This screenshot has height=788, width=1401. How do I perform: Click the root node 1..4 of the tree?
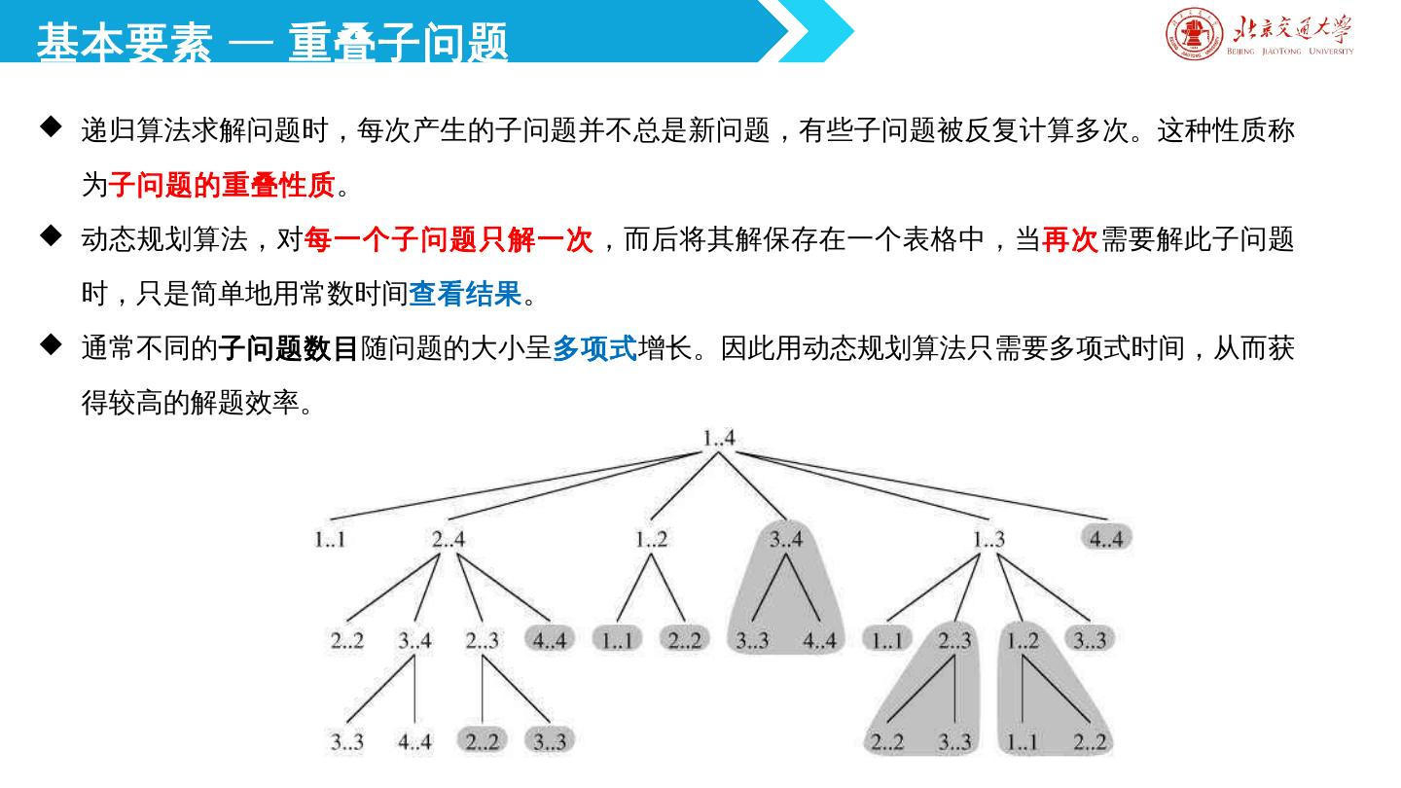pyautogui.click(x=719, y=439)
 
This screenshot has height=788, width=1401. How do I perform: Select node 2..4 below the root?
pyautogui.click(x=449, y=538)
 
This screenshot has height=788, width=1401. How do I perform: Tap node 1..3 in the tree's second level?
pyautogui.click(x=988, y=538)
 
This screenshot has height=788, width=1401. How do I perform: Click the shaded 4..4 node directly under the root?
pyautogui.click(x=1106, y=538)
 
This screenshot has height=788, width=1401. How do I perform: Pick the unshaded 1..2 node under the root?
pyautogui.click(x=651, y=538)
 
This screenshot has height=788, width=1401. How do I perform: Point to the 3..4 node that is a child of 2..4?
pyautogui.click(x=414, y=640)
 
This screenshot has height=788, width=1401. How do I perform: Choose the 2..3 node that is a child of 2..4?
pyautogui.click(x=483, y=640)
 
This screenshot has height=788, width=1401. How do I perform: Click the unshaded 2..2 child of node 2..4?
pyautogui.click(x=347, y=640)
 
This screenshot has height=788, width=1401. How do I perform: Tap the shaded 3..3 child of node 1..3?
pyautogui.click(x=1089, y=640)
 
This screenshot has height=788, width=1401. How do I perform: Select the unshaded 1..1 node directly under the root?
pyautogui.click(x=330, y=538)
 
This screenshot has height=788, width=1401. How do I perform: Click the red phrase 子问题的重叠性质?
pyautogui.click(x=222, y=184)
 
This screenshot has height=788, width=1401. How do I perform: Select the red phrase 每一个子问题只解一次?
pyautogui.click(x=449, y=239)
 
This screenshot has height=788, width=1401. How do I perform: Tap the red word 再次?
pyautogui.click(x=1070, y=239)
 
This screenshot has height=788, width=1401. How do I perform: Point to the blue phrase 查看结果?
pyautogui.click(x=465, y=294)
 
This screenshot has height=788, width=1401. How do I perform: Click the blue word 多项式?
pyautogui.click(x=594, y=348)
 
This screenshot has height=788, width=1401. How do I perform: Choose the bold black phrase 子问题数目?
pyautogui.click(x=289, y=348)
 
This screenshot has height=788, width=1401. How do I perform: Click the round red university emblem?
pyautogui.click(x=1194, y=34)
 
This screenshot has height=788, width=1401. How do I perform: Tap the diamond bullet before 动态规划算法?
pyautogui.click(x=51, y=235)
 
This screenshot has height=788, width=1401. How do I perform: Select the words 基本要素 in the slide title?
pyautogui.click(x=125, y=43)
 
